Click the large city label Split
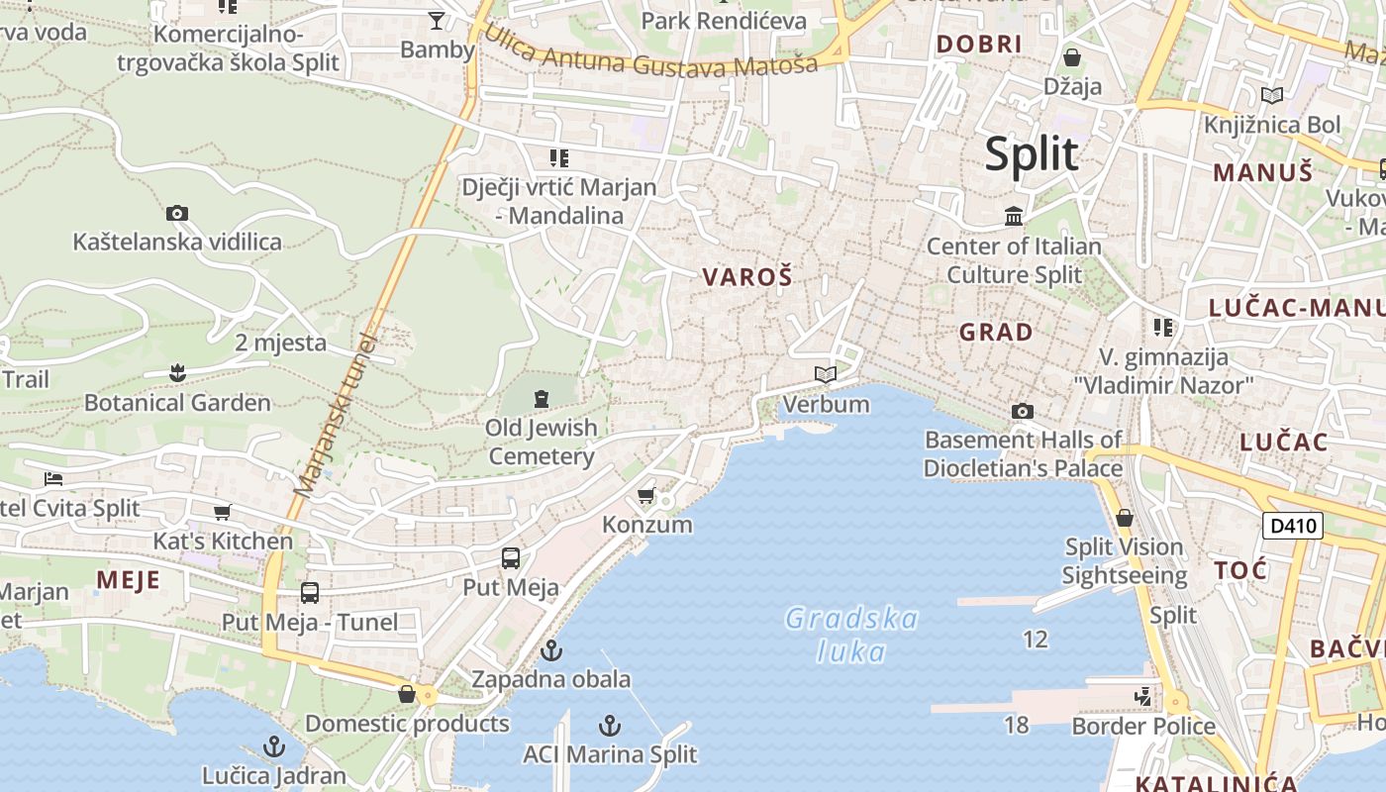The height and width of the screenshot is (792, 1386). click(x=1031, y=154)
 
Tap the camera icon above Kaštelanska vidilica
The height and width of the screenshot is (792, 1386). click(x=177, y=213)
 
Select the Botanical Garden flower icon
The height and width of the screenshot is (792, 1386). click(x=177, y=373)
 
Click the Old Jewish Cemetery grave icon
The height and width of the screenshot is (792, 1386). click(x=541, y=399)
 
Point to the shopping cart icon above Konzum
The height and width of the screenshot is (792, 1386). click(x=645, y=495)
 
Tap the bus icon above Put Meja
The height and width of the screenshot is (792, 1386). click(x=510, y=558)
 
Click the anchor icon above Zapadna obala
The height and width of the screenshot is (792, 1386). click(x=550, y=650)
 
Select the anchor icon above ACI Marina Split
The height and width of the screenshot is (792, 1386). click(x=610, y=726)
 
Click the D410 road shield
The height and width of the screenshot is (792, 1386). click(x=1293, y=525)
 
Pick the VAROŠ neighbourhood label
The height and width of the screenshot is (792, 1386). click(x=747, y=278)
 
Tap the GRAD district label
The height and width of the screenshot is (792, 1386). click(x=996, y=332)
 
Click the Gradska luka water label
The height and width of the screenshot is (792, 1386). click(x=851, y=635)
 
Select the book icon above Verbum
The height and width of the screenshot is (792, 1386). click(x=825, y=375)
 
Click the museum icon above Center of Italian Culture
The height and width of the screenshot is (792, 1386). click(x=1014, y=216)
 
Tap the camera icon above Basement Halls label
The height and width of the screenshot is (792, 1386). click(x=1023, y=411)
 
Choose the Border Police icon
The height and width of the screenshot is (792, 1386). click(x=1143, y=697)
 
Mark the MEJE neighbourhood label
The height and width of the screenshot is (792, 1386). click(x=128, y=580)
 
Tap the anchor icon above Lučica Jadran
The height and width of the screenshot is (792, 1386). click(x=273, y=746)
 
